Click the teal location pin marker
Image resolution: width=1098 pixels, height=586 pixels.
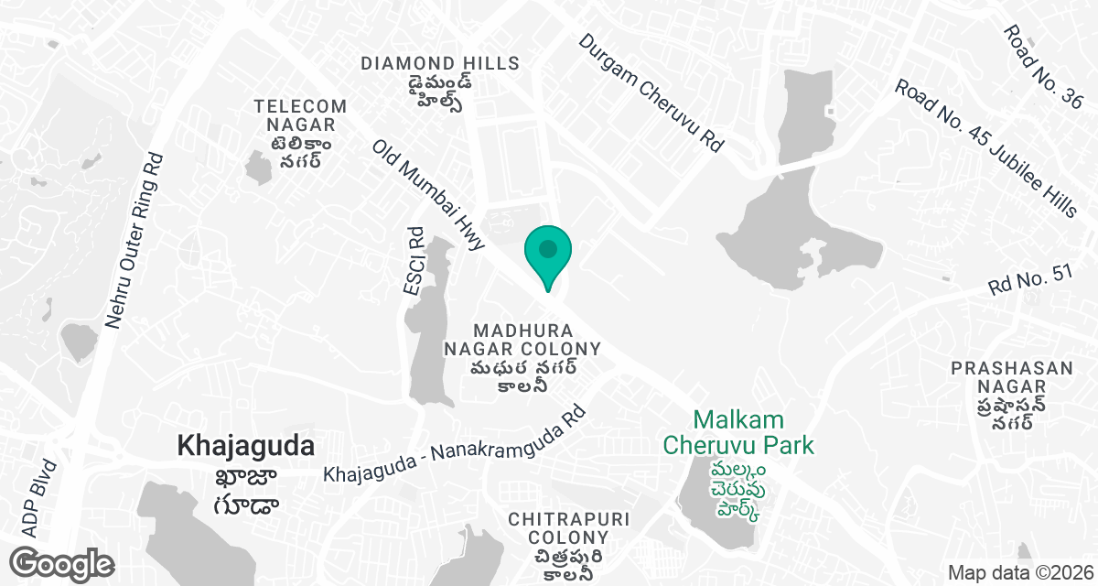click(x=548, y=253)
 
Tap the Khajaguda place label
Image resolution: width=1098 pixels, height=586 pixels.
click(x=246, y=446)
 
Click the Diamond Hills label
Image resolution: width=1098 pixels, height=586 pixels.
click(x=440, y=63)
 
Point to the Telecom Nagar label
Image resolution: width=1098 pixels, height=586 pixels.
click(x=301, y=115)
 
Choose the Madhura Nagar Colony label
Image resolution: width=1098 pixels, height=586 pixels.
click(x=522, y=339)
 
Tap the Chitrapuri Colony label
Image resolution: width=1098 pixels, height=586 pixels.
click(x=569, y=527)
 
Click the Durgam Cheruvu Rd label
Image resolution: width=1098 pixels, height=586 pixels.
click(x=651, y=92)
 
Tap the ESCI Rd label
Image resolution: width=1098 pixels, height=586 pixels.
click(x=415, y=261)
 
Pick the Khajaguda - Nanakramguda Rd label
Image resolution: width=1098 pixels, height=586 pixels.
click(x=455, y=446)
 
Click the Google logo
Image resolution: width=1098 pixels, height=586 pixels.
click(x=62, y=563)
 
